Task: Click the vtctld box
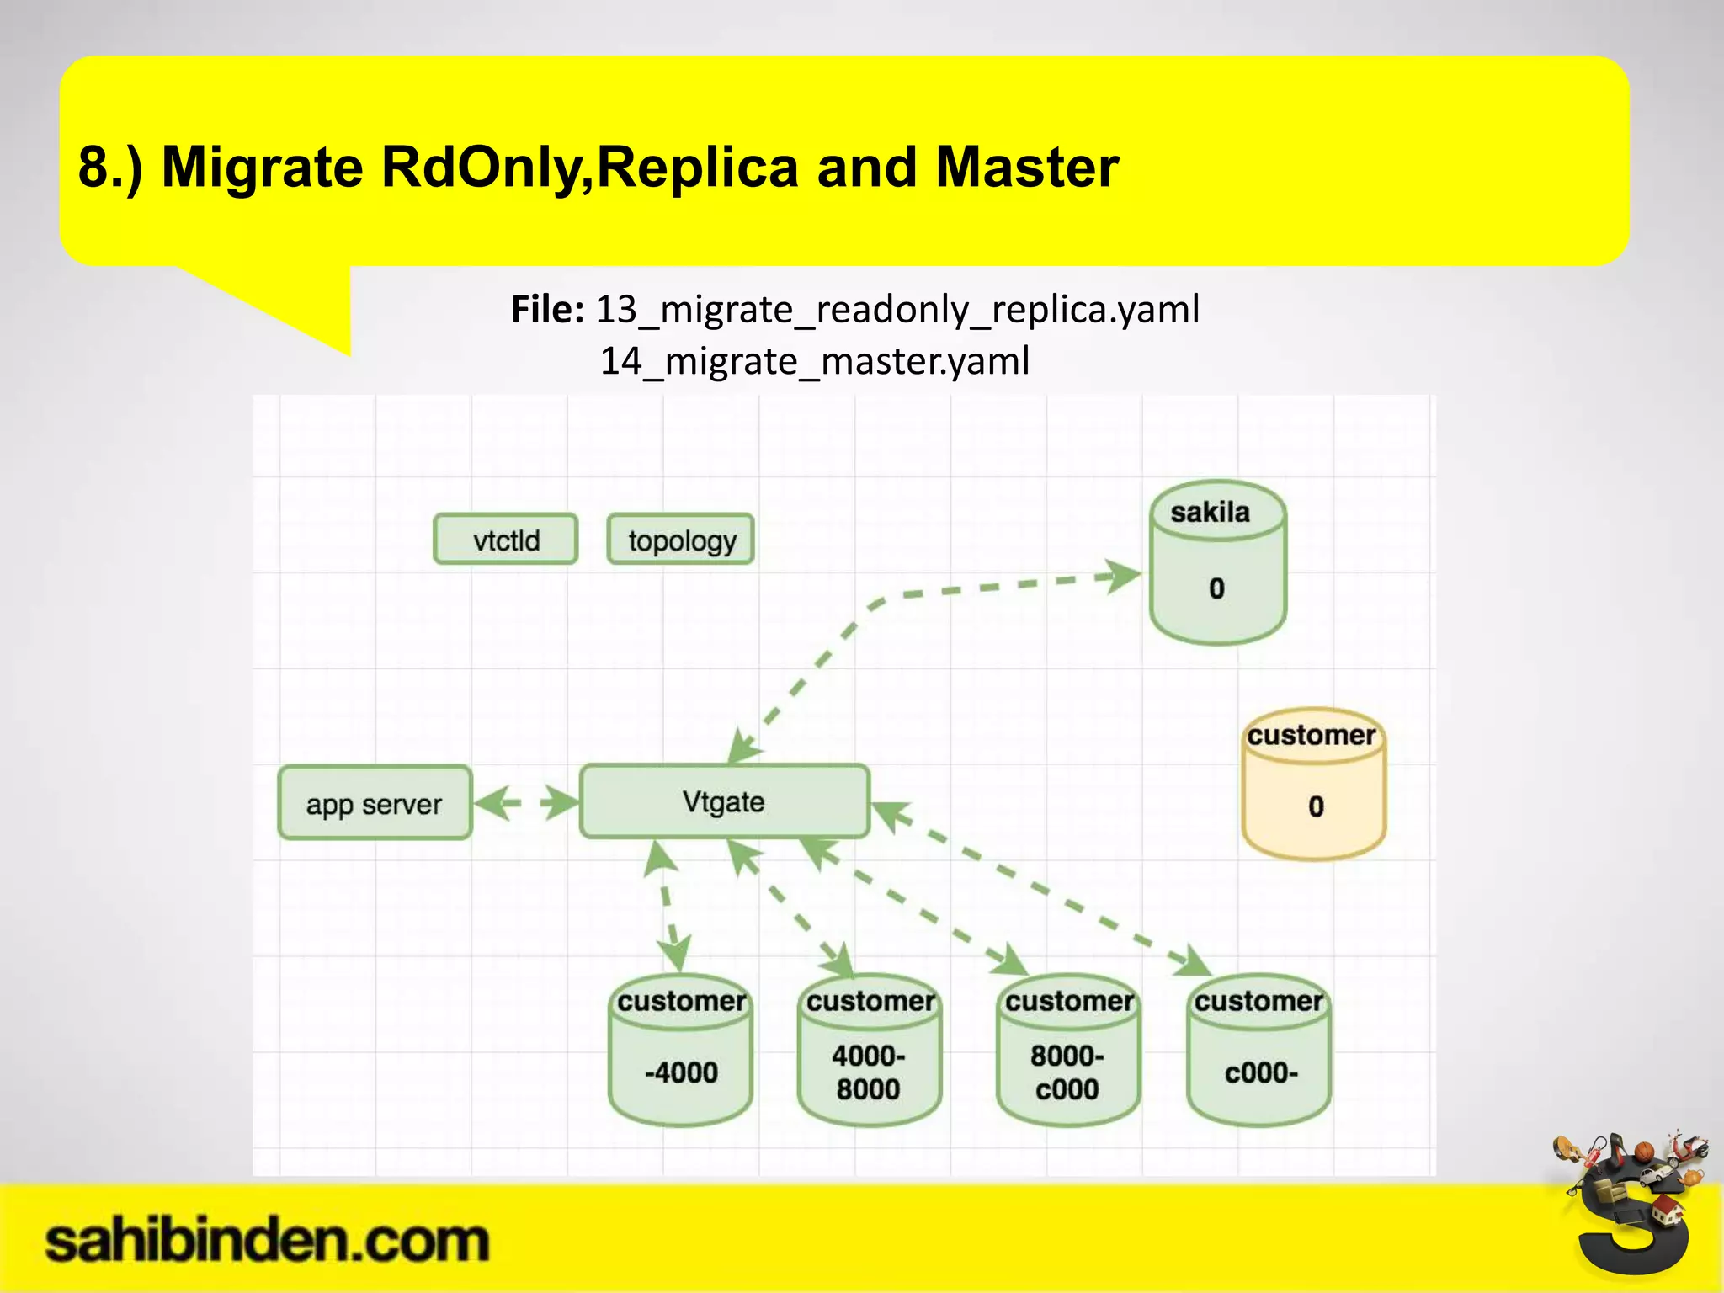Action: click(505, 540)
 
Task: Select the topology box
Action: click(680, 540)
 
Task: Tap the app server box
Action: click(375, 804)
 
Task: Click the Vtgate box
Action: click(724, 801)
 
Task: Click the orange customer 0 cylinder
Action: click(1313, 785)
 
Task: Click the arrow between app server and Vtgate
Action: click(527, 802)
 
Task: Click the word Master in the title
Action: click(1027, 167)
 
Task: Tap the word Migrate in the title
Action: click(261, 167)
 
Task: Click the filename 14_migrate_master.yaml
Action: click(814, 361)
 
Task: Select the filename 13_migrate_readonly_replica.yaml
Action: click(897, 309)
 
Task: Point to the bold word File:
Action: click(547, 309)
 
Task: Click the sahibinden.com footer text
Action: click(266, 1242)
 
